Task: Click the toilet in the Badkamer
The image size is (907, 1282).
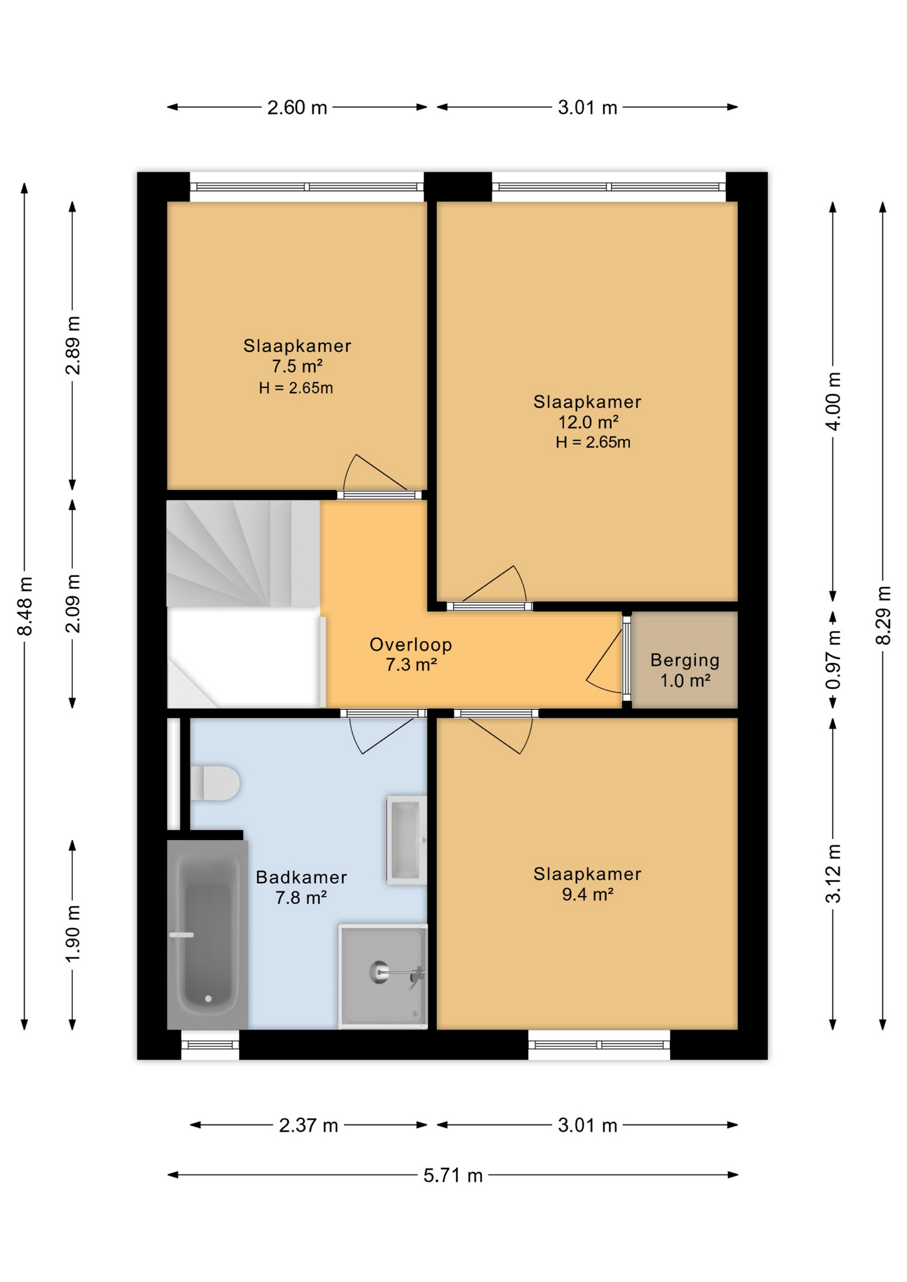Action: coord(214,783)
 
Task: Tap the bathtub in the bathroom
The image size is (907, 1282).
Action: coord(208,933)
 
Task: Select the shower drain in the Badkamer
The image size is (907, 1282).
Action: coord(379,972)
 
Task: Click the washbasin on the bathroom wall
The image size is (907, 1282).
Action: coord(406,840)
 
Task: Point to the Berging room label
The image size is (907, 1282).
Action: coord(685,660)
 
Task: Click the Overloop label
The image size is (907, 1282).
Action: coord(411,644)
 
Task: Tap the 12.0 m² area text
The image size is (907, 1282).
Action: coord(588,422)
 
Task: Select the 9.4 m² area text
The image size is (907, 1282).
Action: coord(588,894)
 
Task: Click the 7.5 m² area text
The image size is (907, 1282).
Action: coord(297,366)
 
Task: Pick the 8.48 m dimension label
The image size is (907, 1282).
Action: coord(25,606)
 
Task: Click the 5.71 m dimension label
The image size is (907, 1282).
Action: coord(453,1175)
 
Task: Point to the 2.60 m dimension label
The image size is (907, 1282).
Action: coord(297,108)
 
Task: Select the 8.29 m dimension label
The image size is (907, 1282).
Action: coord(883,615)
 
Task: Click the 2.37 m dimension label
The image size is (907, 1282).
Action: coord(309,1125)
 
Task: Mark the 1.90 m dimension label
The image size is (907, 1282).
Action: coord(73,934)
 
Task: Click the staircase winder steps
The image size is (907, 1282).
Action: coord(243,554)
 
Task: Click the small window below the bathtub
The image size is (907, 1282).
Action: coord(210,1045)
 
